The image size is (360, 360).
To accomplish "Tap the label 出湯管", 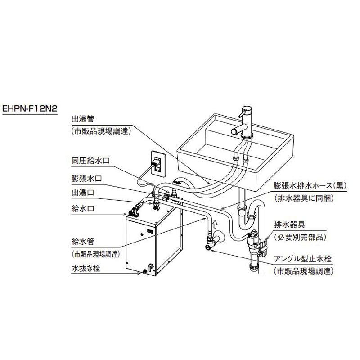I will point(81,120).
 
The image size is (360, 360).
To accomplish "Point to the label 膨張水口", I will point(85,178).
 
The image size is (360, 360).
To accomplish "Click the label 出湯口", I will point(81,193).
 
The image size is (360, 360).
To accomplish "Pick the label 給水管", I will point(81,241).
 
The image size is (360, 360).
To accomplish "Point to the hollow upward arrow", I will point(215,222).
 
